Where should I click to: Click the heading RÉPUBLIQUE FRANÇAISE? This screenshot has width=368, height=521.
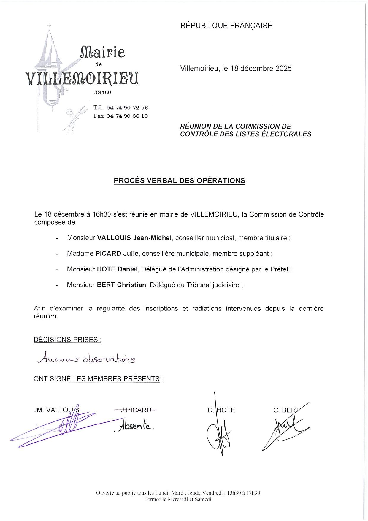point(226,26)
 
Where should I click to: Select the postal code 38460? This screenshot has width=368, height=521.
point(103,92)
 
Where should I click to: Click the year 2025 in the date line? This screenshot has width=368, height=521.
point(283,68)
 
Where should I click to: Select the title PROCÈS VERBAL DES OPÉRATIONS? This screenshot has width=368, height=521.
point(180,181)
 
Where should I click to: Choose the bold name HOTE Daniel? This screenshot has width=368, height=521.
point(118,269)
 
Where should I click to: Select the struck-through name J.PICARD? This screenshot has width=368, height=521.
point(135,410)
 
